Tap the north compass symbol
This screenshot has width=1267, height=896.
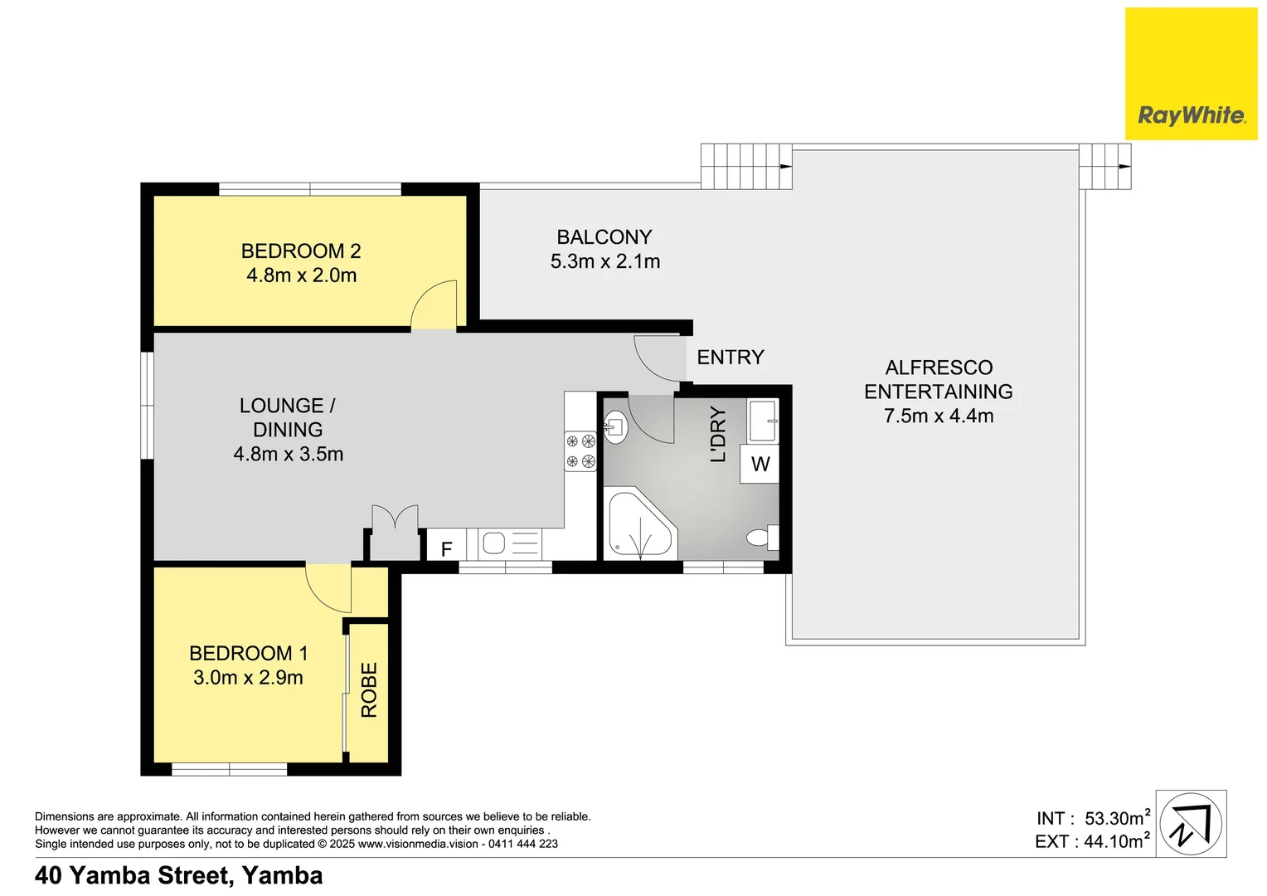pyautogui.click(x=1191, y=825)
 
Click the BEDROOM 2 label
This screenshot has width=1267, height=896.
pyautogui.click(x=301, y=251)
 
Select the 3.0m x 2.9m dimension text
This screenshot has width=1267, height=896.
pyautogui.click(x=248, y=678)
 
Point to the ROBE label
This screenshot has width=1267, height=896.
pyautogui.click(x=369, y=689)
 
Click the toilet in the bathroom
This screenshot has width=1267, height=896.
pyautogui.click(x=761, y=538)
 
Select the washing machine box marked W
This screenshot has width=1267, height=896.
pyautogui.click(x=760, y=464)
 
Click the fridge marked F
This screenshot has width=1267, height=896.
pyautogui.click(x=446, y=548)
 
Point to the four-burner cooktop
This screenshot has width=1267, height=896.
pyautogui.click(x=580, y=451)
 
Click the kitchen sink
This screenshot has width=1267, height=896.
pyautogui.click(x=494, y=544)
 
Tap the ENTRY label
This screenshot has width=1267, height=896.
pyautogui.click(x=730, y=358)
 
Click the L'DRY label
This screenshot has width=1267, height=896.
pyautogui.click(x=718, y=434)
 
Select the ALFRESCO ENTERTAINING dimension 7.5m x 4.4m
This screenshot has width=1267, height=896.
pyautogui.click(x=939, y=416)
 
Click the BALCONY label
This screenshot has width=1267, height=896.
pyautogui.click(x=604, y=237)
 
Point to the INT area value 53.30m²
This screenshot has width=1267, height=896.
pyautogui.click(x=1115, y=818)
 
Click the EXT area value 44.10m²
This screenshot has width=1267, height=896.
pyautogui.click(x=1115, y=841)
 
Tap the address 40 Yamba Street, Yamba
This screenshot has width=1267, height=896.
pyautogui.click(x=179, y=876)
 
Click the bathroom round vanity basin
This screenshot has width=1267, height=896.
pyautogui.click(x=615, y=427)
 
